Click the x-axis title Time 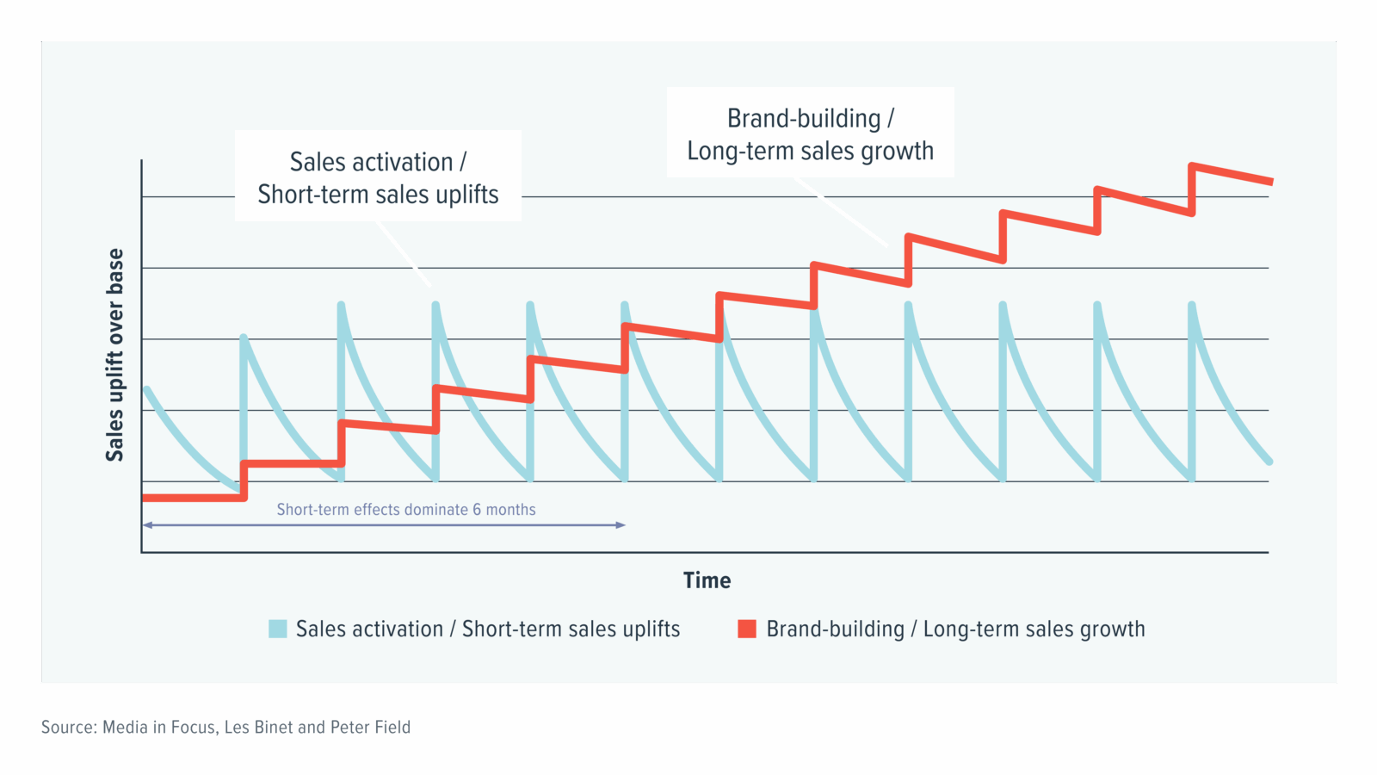pyautogui.click(x=707, y=580)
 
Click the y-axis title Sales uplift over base pyautogui.click(x=115, y=355)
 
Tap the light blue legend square pyautogui.click(x=277, y=629)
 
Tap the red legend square pyautogui.click(x=747, y=629)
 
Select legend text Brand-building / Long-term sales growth pyautogui.click(x=955, y=629)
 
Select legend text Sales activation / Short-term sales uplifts pyautogui.click(x=487, y=629)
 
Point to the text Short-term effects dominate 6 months pyautogui.click(x=405, y=510)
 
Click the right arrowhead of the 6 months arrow pyautogui.click(x=621, y=524)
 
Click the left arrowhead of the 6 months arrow pyautogui.click(x=147, y=524)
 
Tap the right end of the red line pyautogui.click(x=1269, y=181)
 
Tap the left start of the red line pyautogui.click(x=145, y=498)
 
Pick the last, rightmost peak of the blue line pyautogui.click(x=1192, y=307)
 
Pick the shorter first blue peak pyautogui.click(x=244, y=338)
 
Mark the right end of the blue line pyautogui.click(x=1269, y=462)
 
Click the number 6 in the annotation pyautogui.click(x=477, y=510)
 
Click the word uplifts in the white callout pyautogui.click(x=467, y=195)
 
